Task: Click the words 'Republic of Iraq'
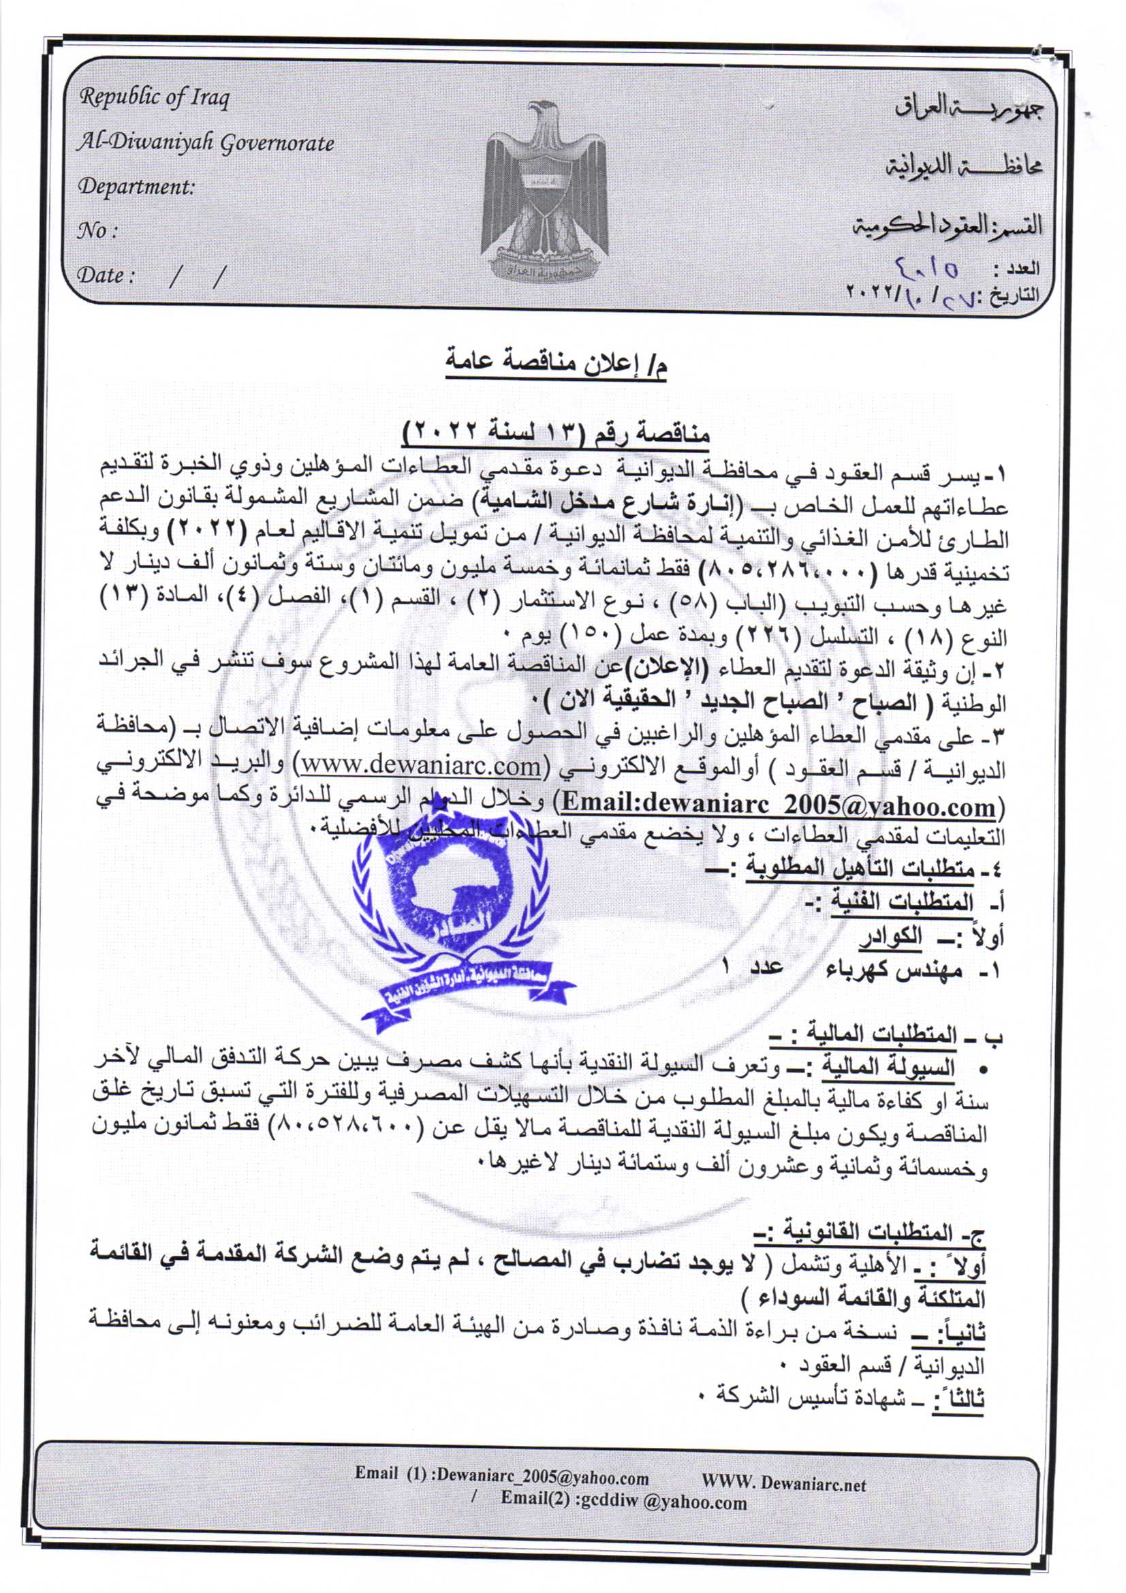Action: [x=153, y=98]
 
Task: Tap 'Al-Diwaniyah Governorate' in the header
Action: [x=205, y=143]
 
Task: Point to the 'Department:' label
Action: [x=136, y=187]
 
